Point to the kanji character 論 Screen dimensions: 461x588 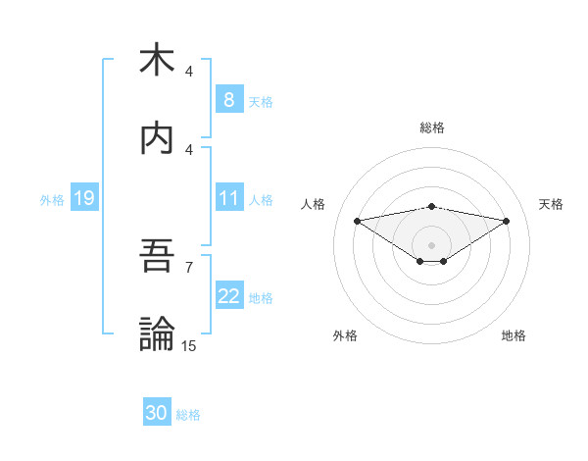[157, 334]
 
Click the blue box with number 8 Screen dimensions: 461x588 [228, 100]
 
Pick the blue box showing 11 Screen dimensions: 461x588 [228, 198]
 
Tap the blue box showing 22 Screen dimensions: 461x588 [228, 296]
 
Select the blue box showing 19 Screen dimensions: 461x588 [83, 198]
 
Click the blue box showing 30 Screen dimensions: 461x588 [157, 413]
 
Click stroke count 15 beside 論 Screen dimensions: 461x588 [189, 345]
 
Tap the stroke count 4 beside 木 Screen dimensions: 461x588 [189, 71]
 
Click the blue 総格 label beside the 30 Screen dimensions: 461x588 [188, 415]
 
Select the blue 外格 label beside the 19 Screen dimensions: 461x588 [52, 199]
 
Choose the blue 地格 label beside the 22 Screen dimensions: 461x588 [261, 298]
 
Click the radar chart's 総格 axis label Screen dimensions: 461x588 [432, 128]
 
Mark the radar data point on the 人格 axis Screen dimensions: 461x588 [358, 220]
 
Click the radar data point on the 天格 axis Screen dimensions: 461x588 [507, 221]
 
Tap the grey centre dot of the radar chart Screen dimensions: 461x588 [432, 244]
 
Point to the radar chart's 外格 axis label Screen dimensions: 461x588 [345, 335]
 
